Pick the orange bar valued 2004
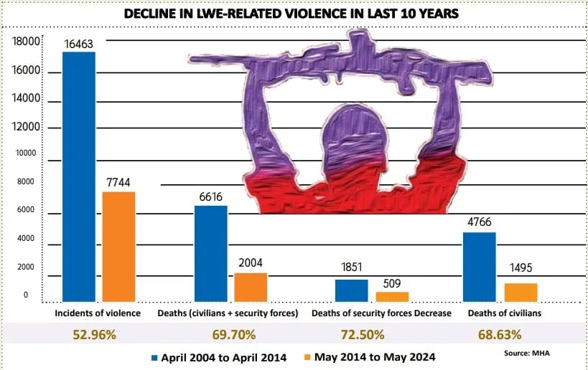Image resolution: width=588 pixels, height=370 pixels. click(251, 287)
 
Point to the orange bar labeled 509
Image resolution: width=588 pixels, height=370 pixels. click(392, 296)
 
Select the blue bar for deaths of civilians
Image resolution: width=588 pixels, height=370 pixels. click(480, 266)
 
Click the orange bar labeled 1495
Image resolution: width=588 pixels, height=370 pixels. click(521, 292)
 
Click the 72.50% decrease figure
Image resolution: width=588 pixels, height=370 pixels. click(363, 334)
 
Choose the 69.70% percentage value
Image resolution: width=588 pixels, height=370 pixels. click(229, 334)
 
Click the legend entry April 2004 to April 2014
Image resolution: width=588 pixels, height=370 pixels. click(220, 356)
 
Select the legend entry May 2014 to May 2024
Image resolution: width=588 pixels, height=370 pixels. click(373, 356)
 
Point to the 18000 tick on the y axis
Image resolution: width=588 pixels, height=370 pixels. click(25, 43)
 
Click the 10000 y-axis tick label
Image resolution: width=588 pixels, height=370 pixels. click(27, 153)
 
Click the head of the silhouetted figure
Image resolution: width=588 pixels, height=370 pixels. click(342, 136)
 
